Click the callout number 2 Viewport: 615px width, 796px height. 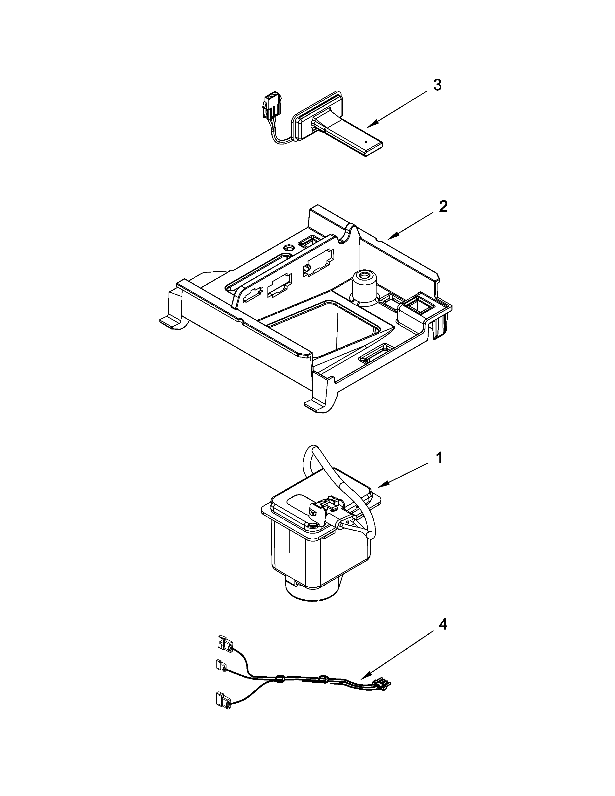coord(443,207)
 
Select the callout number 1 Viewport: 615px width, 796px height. coord(439,458)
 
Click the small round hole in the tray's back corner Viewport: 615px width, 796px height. coord(290,247)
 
